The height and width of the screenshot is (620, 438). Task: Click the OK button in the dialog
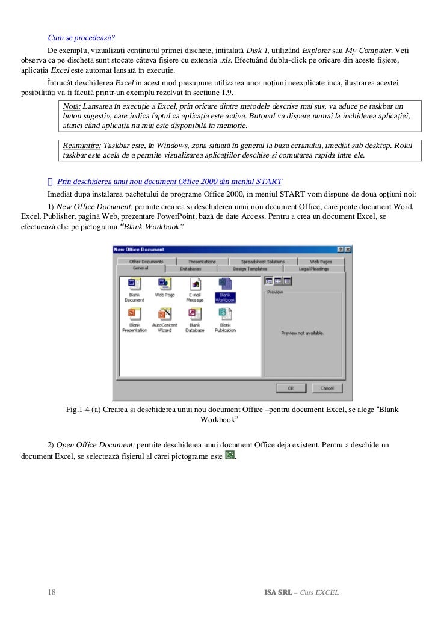(290, 388)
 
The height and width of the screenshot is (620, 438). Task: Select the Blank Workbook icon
(225, 289)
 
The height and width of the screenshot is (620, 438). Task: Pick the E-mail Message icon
(194, 289)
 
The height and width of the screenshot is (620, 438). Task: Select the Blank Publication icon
(225, 319)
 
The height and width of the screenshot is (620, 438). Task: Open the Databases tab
(191, 269)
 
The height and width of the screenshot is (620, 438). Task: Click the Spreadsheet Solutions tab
(263, 262)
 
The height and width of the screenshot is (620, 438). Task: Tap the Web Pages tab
(321, 262)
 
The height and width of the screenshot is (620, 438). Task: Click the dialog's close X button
(348, 249)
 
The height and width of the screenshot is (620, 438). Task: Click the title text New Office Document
(139, 249)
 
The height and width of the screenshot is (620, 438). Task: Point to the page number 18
(52, 592)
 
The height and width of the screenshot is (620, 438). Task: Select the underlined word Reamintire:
(82, 146)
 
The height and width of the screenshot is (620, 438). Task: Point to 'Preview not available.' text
(302, 333)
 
